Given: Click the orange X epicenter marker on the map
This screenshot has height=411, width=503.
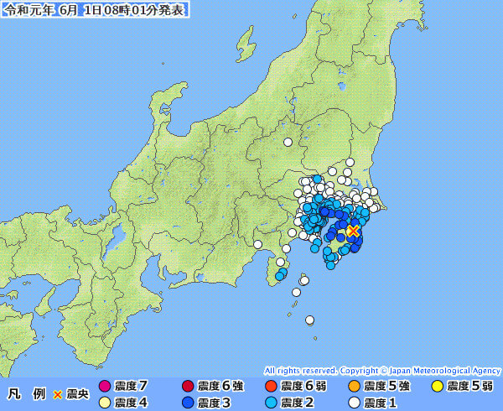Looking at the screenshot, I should coord(353,230).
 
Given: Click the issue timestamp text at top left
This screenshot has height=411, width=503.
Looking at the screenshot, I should coord(95,10).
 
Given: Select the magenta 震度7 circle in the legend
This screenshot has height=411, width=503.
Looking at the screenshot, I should coord(105,387).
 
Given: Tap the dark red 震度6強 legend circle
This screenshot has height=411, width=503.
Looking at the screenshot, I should coord(188,387).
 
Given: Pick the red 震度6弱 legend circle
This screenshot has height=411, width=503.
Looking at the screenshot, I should coord(271,387).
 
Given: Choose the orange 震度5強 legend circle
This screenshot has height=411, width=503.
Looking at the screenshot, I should coord(354,387).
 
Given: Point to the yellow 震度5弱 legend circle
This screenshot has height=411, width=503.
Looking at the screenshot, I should coord(437,387).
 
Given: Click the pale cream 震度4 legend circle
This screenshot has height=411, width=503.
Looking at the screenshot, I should coord(105,403).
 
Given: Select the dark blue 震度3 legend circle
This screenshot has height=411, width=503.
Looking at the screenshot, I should coord(188,403).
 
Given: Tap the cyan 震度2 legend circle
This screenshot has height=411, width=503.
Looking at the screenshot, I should coord(271,403).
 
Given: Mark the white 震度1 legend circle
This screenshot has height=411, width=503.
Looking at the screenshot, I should coord(354,403).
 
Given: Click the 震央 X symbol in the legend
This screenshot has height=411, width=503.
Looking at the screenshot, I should coord(58,393).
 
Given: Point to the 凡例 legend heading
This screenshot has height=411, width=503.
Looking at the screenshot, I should coord(25,393).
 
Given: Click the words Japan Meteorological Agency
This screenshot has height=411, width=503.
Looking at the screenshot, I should coord(445,370).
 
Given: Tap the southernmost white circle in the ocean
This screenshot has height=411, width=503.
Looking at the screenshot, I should coord(309,320).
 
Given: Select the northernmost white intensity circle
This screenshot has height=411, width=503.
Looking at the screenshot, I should coord(288,142).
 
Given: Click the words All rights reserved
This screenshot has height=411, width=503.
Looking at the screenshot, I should coord(300,370).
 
